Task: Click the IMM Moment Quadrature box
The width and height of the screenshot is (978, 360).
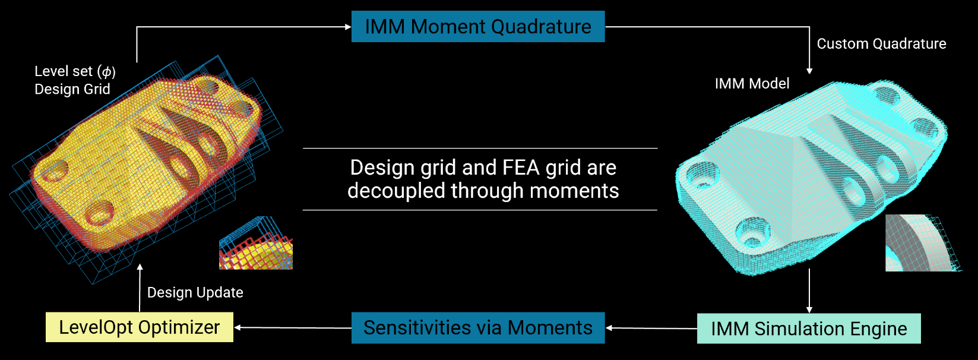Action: click(x=477, y=27)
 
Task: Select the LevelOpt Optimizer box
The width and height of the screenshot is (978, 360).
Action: click(x=140, y=327)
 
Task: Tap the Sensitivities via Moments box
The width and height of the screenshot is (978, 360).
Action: click(x=477, y=328)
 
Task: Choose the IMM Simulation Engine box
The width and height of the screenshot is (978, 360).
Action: click(x=808, y=329)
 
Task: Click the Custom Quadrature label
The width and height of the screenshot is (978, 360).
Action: click(x=881, y=44)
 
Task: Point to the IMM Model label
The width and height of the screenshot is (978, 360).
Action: click(x=752, y=84)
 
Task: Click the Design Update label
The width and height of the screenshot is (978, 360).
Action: click(x=195, y=292)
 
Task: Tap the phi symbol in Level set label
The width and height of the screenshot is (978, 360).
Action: click(x=107, y=72)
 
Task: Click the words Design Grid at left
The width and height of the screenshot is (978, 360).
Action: click(x=72, y=89)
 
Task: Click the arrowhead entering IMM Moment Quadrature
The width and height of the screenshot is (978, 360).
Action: click(x=348, y=27)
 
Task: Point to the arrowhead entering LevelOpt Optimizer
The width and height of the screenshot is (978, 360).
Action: click(x=238, y=327)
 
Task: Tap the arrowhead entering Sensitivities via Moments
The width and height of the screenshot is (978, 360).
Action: click(x=609, y=328)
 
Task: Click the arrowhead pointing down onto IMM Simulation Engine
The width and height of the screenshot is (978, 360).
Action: click(x=809, y=309)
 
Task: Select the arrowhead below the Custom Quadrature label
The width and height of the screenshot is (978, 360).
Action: click(x=809, y=71)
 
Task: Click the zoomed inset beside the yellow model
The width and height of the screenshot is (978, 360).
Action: click(x=256, y=243)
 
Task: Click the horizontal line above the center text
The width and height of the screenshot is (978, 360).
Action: click(x=480, y=148)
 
